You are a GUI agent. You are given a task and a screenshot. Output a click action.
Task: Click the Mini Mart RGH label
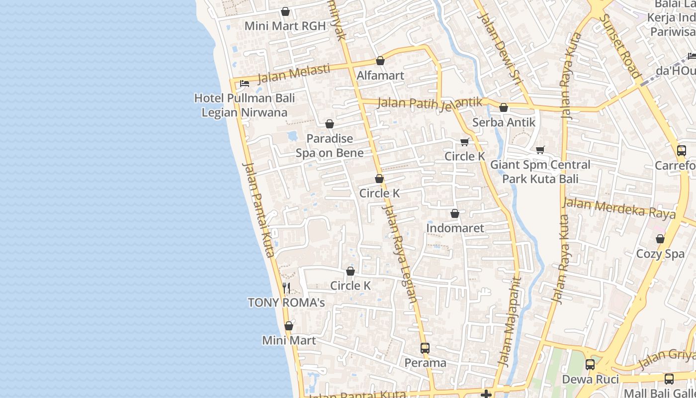click(x=285, y=26)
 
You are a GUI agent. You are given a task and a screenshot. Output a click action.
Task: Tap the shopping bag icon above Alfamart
click(x=380, y=61)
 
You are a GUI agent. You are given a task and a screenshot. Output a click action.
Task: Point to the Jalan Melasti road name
click(x=294, y=74)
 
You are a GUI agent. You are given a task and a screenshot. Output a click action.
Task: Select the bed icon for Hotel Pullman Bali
click(x=245, y=83)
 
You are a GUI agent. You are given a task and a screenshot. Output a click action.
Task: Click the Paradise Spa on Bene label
click(x=330, y=146)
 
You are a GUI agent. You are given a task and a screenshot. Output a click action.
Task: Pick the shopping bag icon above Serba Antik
click(x=504, y=107)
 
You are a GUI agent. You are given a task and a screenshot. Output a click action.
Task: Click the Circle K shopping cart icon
click(x=465, y=142)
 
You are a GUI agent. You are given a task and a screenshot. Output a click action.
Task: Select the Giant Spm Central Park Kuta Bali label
click(x=540, y=172)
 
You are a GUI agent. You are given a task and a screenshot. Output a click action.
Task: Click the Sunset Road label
click(x=619, y=46)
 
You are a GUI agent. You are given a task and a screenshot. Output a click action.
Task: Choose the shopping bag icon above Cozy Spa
click(x=660, y=239)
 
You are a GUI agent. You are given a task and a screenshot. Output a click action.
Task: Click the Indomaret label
click(x=455, y=228)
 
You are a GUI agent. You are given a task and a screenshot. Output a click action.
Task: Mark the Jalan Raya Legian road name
click(x=401, y=254)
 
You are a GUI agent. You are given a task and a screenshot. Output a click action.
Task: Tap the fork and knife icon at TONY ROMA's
click(x=286, y=288)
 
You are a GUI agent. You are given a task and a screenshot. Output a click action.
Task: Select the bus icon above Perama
click(x=425, y=348)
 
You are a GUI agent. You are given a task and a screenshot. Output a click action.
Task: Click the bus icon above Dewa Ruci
click(x=590, y=365)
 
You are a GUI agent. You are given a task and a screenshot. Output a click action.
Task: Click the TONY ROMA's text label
click(x=286, y=302)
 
